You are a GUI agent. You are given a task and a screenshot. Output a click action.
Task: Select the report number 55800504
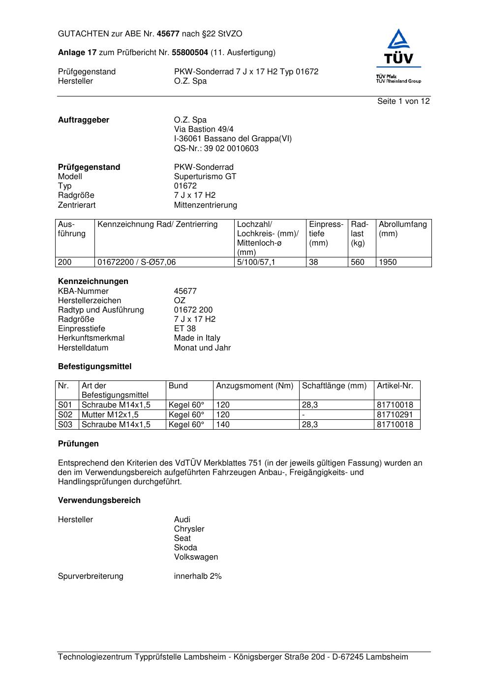click(x=189, y=53)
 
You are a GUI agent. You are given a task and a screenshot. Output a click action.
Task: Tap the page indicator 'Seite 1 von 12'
click(x=403, y=101)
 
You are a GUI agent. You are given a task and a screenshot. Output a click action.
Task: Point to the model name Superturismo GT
click(x=205, y=177)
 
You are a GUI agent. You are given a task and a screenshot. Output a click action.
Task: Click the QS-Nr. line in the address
click(x=216, y=149)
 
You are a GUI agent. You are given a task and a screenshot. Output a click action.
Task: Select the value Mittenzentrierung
click(x=205, y=205)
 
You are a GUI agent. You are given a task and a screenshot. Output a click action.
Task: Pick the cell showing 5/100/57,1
click(x=256, y=262)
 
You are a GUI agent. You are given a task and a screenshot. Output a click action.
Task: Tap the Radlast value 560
click(x=358, y=262)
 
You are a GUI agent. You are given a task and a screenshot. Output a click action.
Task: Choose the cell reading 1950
click(x=388, y=262)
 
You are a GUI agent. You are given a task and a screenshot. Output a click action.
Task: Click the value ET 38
click(x=185, y=329)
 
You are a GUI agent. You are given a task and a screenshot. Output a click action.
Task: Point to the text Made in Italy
click(x=197, y=338)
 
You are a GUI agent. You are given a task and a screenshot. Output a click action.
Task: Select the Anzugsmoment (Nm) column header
click(x=254, y=386)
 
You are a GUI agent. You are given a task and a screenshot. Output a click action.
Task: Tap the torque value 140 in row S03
click(x=223, y=425)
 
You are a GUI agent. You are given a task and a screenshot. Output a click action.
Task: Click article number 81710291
click(x=395, y=415)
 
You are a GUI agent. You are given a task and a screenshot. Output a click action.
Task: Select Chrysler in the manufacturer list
click(x=189, y=529)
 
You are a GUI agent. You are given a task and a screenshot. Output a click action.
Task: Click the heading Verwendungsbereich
click(x=99, y=501)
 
